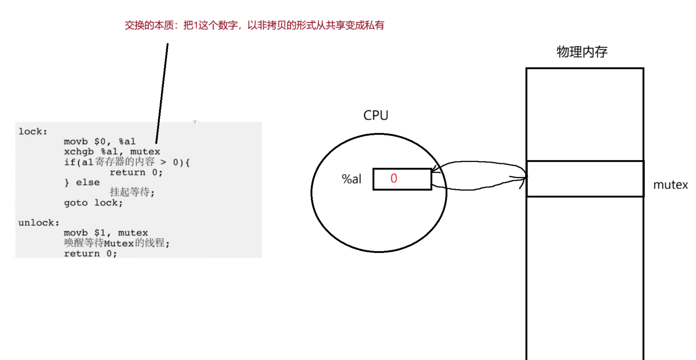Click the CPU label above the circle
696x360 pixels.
pyautogui.click(x=375, y=115)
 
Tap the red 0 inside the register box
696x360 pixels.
pyautogui.click(x=394, y=179)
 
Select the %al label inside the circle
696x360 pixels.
pyautogui.click(x=351, y=179)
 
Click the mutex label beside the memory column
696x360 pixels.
pyautogui.click(x=670, y=185)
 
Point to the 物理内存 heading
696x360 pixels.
pyautogui.click(x=581, y=52)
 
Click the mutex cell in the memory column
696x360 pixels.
pyautogui.click(x=585, y=179)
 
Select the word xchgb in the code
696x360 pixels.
pyautogui.click(x=79, y=152)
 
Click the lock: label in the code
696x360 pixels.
pyautogui.click(x=33, y=131)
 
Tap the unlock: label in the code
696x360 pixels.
pyautogui.click(x=39, y=223)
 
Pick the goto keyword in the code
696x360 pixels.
pyautogui.click(x=75, y=203)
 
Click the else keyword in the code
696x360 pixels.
pyautogui.click(x=88, y=183)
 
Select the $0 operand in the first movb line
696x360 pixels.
pyautogui.click(x=100, y=142)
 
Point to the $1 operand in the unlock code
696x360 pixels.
pyautogui.click(x=100, y=233)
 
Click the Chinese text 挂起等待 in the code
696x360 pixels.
pyautogui.click(x=130, y=192)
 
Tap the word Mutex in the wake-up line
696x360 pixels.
pyautogui.click(x=119, y=243)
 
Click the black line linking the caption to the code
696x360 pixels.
pyautogui.click(x=162, y=93)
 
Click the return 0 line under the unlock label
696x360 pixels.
pyautogui.click(x=90, y=254)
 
